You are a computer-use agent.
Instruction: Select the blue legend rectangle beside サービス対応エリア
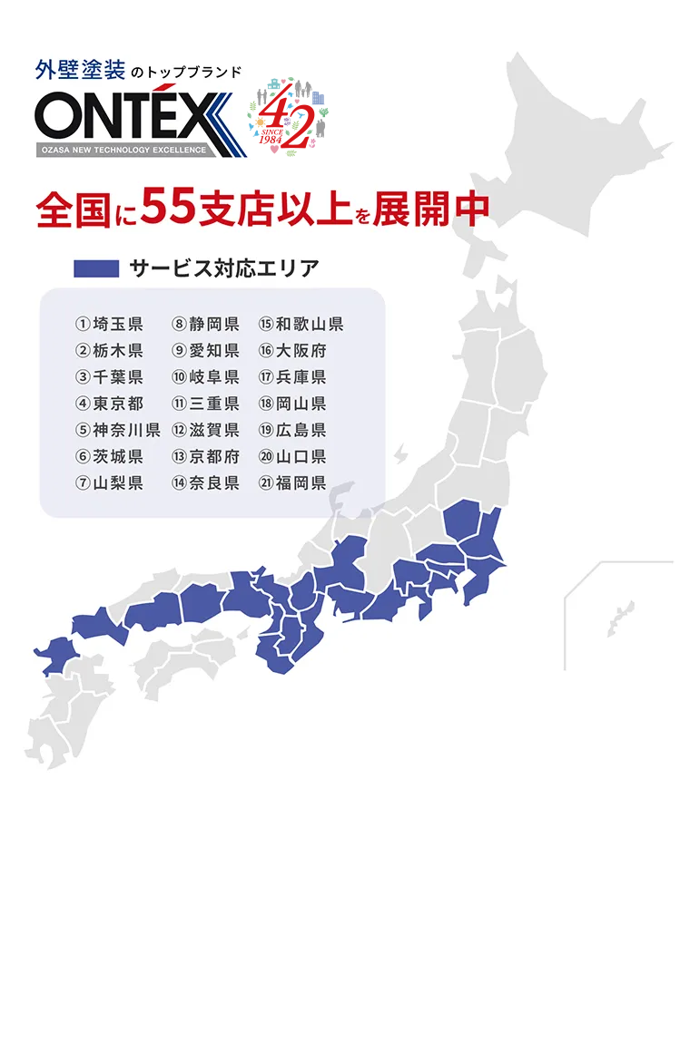96,268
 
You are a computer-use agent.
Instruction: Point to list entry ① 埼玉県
109,325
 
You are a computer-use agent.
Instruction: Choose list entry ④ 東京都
109,404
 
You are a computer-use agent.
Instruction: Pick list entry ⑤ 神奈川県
117,430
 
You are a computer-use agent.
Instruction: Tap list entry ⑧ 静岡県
205,325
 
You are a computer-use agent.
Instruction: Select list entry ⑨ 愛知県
205,351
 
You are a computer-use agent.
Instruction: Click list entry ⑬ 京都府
205,456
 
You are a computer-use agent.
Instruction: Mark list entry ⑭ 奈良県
205,482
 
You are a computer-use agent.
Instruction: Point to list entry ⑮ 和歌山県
301,325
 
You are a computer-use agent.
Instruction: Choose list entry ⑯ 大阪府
292,351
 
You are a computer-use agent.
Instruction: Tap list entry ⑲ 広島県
292,430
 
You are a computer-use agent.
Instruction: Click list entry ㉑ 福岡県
292,482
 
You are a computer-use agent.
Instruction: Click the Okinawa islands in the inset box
621,619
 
